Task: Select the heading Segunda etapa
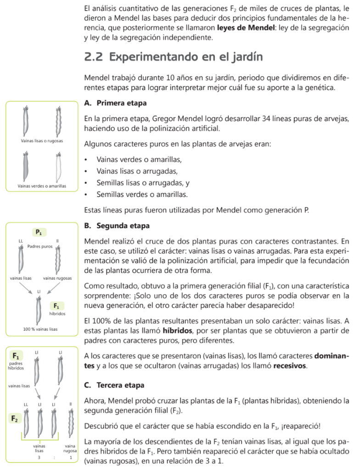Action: pyautogui.click(x=123, y=226)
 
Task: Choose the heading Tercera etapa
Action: pyautogui.click(x=121, y=385)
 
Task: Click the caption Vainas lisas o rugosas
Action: pyautogui.click(x=42, y=140)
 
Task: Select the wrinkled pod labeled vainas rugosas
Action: pyautogui.click(x=57, y=259)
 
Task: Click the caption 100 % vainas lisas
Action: pyautogui.click(x=41, y=329)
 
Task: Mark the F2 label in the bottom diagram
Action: pyautogui.click(x=15, y=419)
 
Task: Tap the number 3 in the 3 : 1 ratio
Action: pyautogui.click(x=39, y=458)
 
